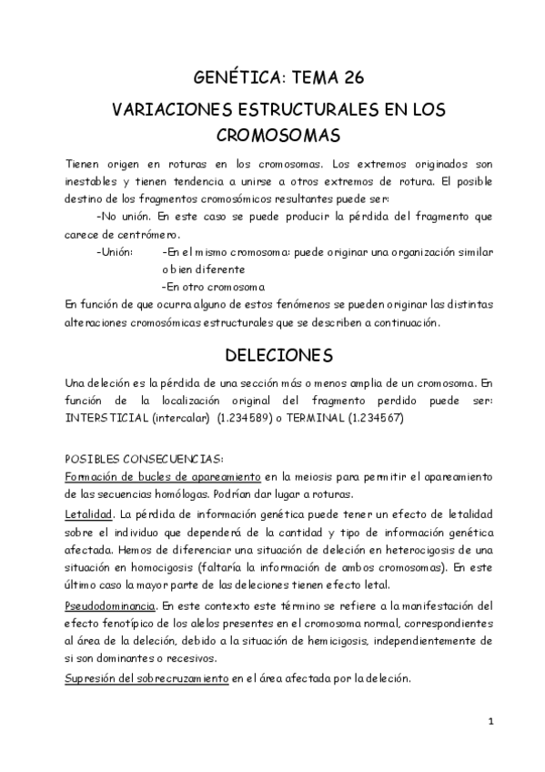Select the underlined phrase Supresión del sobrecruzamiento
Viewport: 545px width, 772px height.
click(146, 678)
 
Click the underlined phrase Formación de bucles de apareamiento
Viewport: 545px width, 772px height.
click(159, 476)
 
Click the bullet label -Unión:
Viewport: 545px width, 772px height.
click(114, 251)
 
